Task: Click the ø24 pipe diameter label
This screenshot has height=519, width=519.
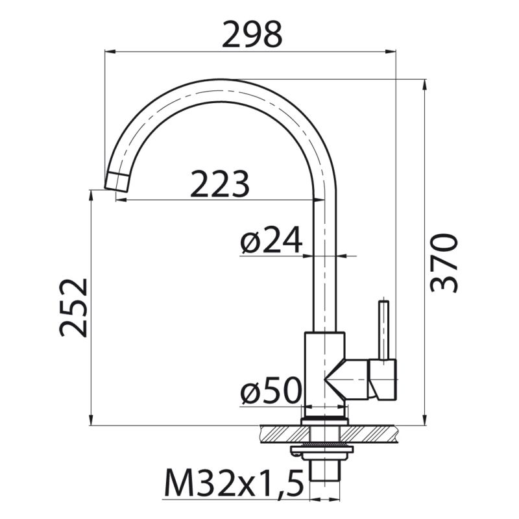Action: tap(271, 241)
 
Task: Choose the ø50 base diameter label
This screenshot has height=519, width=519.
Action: tap(271, 391)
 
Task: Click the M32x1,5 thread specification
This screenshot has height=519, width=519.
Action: tap(234, 483)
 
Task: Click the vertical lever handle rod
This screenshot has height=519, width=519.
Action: tap(384, 328)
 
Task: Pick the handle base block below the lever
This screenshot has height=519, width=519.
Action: tap(382, 380)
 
